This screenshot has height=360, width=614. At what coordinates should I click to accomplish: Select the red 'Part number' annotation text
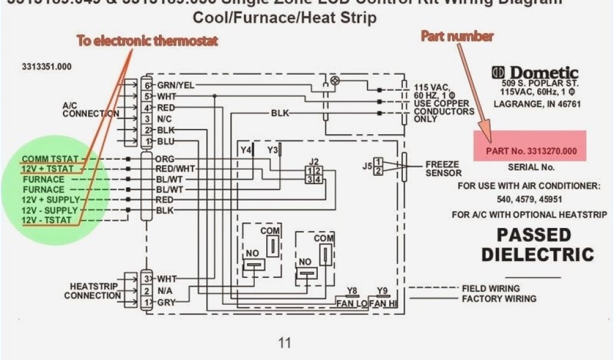(x=456, y=37)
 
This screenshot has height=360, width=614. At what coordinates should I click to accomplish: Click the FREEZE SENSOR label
(x=443, y=169)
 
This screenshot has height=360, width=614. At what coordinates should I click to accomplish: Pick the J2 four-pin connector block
(x=314, y=175)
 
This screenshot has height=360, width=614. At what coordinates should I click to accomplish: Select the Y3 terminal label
(x=273, y=149)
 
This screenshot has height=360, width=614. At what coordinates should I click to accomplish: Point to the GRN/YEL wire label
(x=175, y=85)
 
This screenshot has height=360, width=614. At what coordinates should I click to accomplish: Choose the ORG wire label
(x=164, y=159)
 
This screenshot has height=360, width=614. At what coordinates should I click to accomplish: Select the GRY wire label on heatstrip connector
(x=165, y=303)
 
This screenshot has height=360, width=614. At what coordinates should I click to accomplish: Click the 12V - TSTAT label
(x=47, y=220)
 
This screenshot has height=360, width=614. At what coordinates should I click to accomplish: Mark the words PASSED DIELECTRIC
(x=537, y=244)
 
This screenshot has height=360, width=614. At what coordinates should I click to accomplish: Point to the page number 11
(x=284, y=343)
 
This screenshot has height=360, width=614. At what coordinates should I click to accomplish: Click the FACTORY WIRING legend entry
(x=499, y=299)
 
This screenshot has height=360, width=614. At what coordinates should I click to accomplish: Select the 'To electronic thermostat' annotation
(x=147, y=41)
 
